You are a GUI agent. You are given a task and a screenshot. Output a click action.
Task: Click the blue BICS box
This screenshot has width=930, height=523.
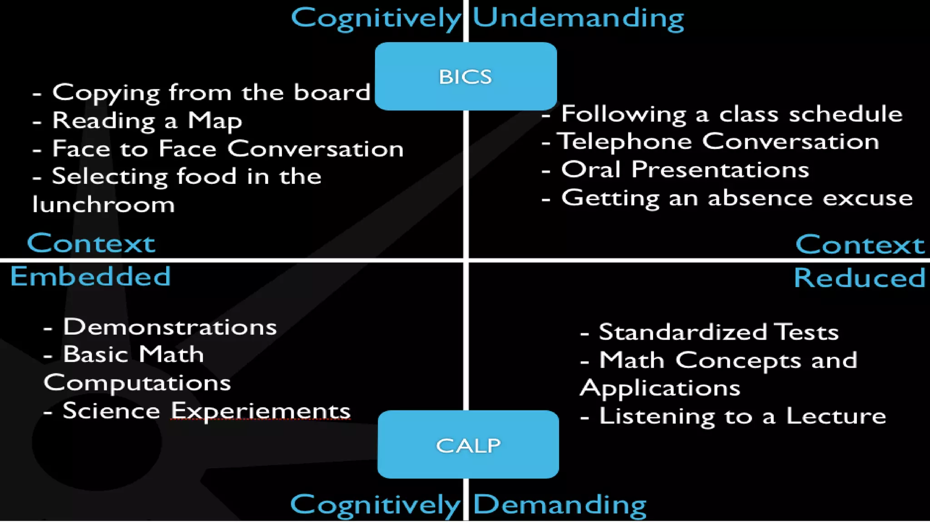pyautogui.click(x=465, y=76)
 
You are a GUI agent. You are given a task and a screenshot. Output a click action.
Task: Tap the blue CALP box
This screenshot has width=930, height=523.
pyautogui.click(x=468, y=445)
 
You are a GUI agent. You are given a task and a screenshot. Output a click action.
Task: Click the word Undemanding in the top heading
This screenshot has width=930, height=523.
pyautogui.click(x=578, y=18)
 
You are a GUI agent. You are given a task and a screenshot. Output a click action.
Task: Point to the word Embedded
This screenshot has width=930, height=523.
pyautogui.click(x=90, y=276)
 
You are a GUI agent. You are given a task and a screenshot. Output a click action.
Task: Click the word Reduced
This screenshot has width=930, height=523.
pyautogui.click(x=859, y=278)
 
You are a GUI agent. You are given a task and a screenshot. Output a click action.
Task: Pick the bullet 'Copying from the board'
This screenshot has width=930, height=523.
pyautogui.click(x=211, y=93)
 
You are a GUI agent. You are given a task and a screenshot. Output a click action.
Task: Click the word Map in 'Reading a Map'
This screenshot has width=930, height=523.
pyautogui.click(x=215, y=121)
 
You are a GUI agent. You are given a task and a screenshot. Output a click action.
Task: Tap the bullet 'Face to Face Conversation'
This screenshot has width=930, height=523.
pyautogui.click(x=227, y=149)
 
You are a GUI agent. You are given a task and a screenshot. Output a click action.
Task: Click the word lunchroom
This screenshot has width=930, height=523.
pyautogui.click(x=104, y=205)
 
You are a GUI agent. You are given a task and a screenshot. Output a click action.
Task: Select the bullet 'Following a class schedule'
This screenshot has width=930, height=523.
pyautogui.click(x=731, y=114)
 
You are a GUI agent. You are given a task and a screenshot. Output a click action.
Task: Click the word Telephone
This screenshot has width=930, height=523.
pyautogui.click(x=624, y=142)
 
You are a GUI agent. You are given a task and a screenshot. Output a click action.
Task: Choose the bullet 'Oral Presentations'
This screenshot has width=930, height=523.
pyautogui.click(x=685, y=170)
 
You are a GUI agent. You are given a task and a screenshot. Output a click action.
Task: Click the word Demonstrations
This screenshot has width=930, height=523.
pyautogui.click(x=170, y=327)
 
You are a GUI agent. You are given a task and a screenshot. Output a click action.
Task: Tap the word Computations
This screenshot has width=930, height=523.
pyautogui.click(x=137, y=383)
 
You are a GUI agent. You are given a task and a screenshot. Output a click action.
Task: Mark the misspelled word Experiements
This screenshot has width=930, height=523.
pyautogui.click(x=261, y=411)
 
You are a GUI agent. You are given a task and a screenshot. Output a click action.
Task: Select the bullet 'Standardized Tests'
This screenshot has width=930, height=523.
pyautogui.click(x=718, y=332)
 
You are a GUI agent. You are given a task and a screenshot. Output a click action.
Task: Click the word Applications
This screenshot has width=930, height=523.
pyautogui.click(x=660, y=389)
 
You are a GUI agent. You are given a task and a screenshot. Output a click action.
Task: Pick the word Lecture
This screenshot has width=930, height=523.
pyautogui.click(x=836, y=416)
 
